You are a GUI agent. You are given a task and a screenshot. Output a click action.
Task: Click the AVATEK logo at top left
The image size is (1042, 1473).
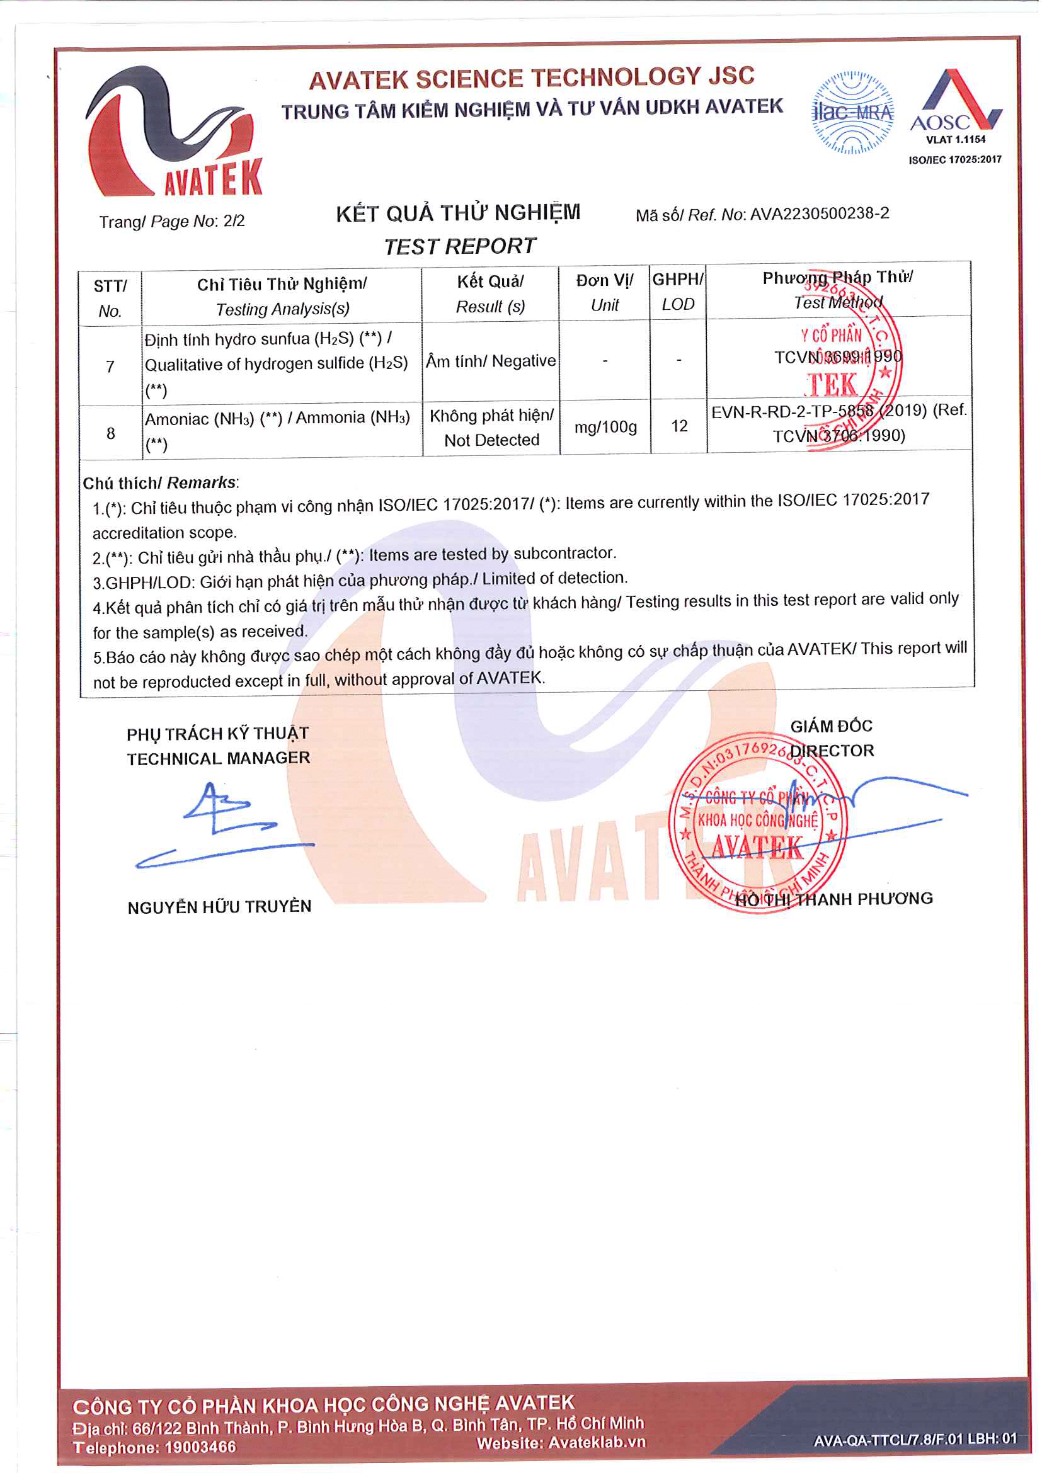pos(174,132)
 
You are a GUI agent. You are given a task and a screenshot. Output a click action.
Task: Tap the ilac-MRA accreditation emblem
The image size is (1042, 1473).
pos(853,113)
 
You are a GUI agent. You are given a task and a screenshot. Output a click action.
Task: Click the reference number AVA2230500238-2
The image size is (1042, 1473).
pos(820,213)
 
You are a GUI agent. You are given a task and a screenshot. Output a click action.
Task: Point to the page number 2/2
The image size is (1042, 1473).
pos(234,220)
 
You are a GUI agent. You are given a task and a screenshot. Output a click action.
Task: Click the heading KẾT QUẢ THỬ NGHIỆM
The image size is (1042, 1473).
pos(458,213)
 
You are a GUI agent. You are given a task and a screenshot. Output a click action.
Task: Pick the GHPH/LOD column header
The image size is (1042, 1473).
pos(678,292)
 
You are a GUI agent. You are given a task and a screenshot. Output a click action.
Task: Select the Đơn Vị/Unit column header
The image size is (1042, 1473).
pos(604,293)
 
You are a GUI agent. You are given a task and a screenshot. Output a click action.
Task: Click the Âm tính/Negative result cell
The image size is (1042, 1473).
pos(491,361)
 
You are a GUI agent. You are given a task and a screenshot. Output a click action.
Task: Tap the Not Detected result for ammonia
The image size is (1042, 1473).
pos(491,440)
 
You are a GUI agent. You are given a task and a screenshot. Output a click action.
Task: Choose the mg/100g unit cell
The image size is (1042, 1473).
pos(605,427)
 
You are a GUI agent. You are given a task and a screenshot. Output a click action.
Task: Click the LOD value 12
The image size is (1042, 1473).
pos(679,426)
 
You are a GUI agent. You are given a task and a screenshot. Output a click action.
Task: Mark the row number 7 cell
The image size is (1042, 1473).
pos(110,367)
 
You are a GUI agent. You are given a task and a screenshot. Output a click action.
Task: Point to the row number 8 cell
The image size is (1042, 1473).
pos(110,434)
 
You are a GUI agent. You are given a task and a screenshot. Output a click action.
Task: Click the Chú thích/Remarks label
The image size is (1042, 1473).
pos(160,482)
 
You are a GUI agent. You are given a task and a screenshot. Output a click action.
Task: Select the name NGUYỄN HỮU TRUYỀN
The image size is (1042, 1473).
pos(219,906)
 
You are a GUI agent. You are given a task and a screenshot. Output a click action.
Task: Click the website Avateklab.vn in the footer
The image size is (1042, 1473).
pos(596,1443)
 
